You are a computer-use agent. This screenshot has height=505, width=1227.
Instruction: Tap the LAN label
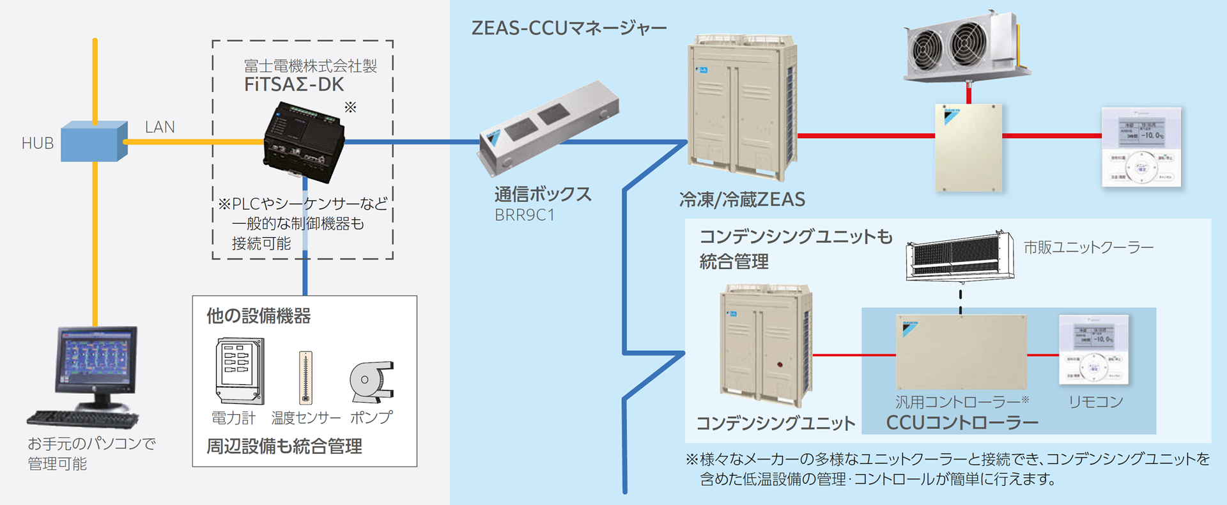pos(160,127)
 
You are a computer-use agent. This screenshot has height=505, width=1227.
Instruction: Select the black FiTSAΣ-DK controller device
pos(304,141)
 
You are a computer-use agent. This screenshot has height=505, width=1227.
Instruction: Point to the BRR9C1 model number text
pos(525,215)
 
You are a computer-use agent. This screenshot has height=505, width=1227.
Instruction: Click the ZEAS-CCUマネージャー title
pos(569,29)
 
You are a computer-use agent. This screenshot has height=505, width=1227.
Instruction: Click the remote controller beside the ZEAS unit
pos(1141,148)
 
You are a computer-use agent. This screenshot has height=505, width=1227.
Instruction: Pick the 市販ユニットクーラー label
pos(1088,247)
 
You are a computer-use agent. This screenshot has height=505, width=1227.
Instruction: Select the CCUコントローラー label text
pos(962,423)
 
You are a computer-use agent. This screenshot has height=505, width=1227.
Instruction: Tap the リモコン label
pos(1095,402)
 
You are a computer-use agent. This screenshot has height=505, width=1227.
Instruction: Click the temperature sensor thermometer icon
pos(306,377)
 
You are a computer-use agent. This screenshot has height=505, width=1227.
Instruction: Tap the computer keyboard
pos(82,419)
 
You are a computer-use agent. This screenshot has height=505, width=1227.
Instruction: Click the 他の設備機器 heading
pos(258,316)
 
